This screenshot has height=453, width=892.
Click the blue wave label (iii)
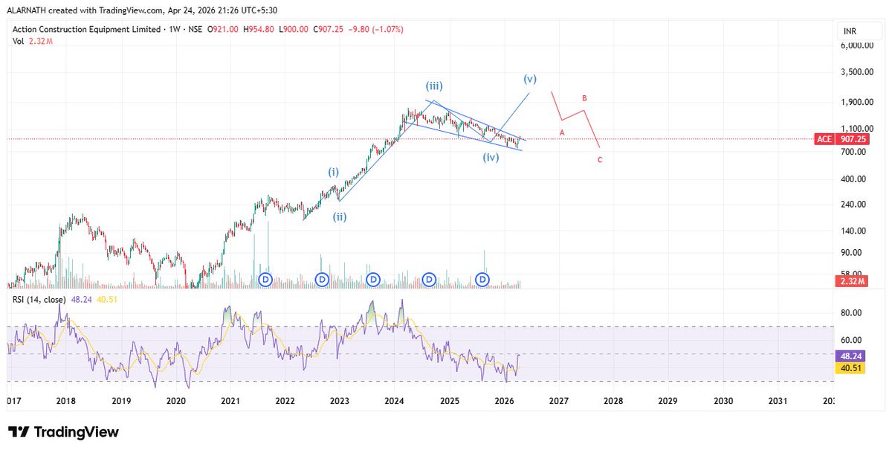point(436,86)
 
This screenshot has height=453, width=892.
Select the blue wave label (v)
point(530,79)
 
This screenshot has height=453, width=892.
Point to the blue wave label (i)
point(334,172)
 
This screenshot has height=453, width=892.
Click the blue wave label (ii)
point(339,217)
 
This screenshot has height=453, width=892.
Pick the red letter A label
point(562,132)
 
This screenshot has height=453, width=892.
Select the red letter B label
point(585,98)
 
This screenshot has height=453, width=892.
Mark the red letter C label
point(600,159)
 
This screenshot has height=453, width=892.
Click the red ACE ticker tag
point(824,139)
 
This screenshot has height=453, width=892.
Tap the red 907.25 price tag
point(852,139)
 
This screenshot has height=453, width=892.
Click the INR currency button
point(849,31)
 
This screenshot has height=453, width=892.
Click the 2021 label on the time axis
point(230,401)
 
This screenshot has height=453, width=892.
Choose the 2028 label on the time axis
point(613,401)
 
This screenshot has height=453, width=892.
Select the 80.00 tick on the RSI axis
point(850,313)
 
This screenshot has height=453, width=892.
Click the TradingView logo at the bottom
point(63,432)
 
